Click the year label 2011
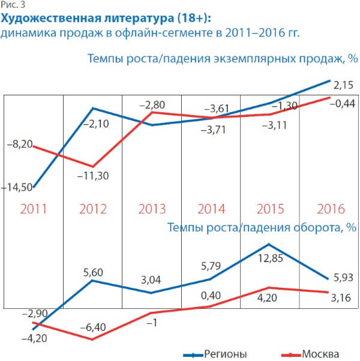34,209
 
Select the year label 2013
152,209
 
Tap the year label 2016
330,209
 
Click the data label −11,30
92,176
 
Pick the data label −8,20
20,145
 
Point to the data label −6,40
92,329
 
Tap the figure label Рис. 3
10,5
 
